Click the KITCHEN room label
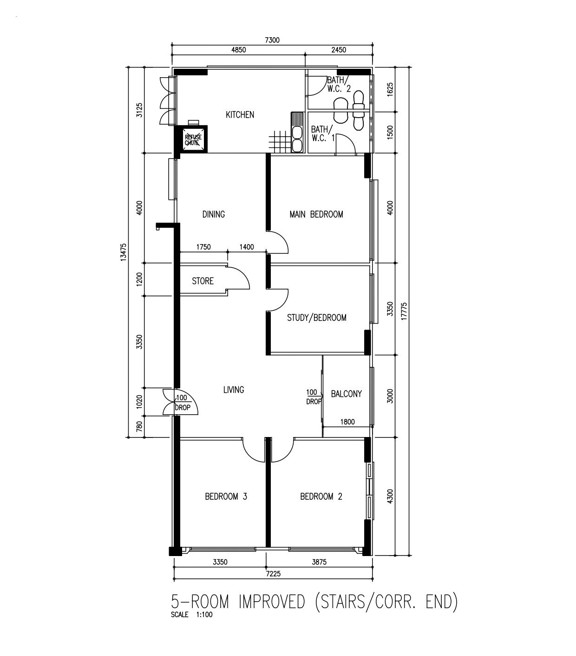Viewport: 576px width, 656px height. point(240,115)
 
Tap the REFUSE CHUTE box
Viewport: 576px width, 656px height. point(193,139)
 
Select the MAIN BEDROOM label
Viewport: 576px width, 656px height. point(316,214)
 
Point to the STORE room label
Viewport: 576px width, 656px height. point(203,281)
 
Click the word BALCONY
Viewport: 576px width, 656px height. point(346,394)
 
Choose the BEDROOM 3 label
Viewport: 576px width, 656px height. point(226,497)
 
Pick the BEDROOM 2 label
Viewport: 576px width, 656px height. point(321,497)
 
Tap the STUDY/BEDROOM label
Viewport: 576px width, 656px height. point(316,318)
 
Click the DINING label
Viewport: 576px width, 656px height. point(214,214)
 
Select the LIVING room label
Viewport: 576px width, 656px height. point(234,390)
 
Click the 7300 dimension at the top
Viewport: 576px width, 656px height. point(272,40)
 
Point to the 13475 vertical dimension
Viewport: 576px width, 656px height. point(123,252)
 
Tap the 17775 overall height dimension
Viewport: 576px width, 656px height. point(404,311)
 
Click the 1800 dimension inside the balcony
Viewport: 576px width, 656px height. point(347,422)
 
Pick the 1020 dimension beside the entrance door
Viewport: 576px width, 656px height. point(139,402)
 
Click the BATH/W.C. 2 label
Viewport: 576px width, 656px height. point(339,84)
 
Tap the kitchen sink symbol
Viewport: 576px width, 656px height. point(297,133)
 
